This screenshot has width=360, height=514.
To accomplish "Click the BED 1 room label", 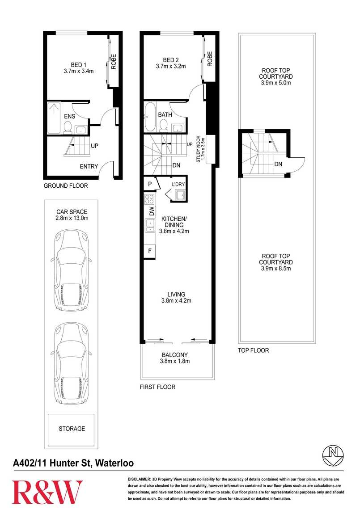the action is coord(79,65).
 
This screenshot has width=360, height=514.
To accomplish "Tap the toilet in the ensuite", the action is coord(68,127).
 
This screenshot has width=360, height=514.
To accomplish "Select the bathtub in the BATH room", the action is coord(150,116).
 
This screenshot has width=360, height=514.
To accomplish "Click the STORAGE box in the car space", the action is coord(72,430).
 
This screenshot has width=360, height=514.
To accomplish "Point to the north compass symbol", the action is coord(334,455).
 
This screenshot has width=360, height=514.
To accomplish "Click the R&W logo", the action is coord(47,492).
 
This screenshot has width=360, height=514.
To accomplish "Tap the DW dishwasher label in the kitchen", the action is coord(152,211).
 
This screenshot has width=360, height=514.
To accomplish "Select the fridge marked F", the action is coord(149,251).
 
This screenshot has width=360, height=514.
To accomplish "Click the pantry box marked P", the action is coord(150,184).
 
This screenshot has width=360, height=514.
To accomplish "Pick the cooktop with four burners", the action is coord(149,199).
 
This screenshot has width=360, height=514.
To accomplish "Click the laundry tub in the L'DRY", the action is coord(181,195).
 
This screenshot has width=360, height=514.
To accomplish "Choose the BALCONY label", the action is coord(175,355).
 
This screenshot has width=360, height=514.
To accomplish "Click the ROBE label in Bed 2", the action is coord(210,59).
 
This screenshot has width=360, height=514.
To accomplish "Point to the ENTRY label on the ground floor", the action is coord(89,167).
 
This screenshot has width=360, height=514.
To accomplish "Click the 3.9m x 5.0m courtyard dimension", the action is coord(276,83).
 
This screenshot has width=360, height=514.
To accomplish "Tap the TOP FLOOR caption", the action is coord(254,350).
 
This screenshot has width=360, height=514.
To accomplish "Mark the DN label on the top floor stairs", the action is coord(278,164).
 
